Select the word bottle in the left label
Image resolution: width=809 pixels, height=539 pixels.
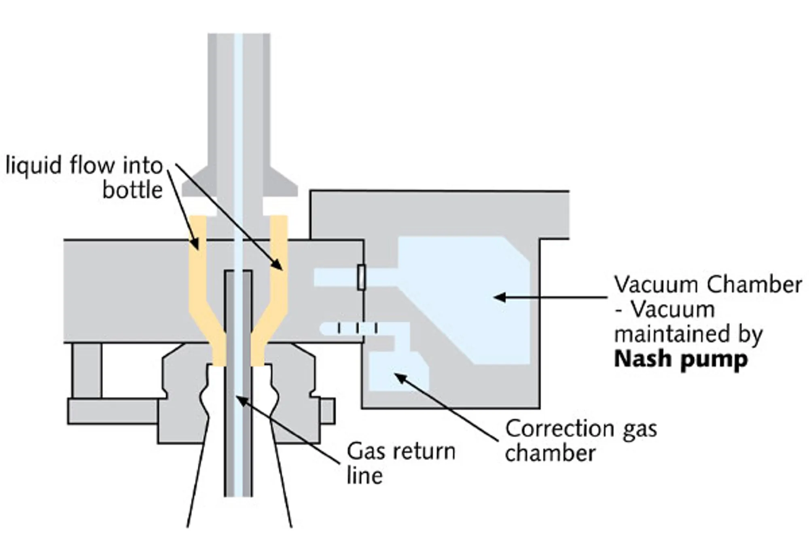132,190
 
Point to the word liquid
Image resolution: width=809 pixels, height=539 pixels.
33,166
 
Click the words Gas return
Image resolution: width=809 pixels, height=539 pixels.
401,451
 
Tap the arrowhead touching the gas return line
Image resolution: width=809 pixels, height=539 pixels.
241,400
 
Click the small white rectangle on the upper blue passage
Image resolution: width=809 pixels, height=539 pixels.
362,277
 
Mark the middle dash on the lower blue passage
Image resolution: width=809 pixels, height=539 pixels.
358,328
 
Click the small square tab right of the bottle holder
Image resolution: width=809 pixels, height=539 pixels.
328,411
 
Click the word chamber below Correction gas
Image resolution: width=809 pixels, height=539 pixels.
550,453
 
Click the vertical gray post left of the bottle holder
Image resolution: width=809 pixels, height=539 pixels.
86,370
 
